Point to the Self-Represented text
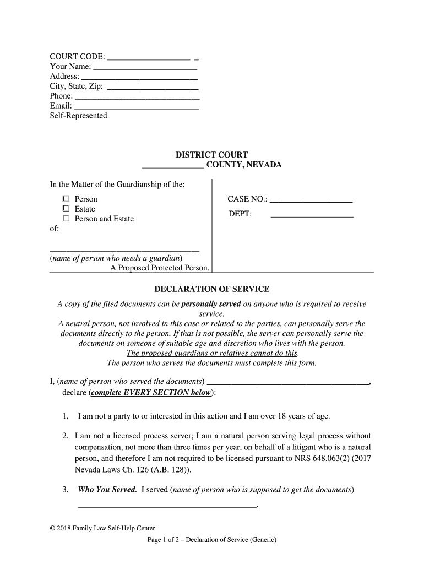[79, 116]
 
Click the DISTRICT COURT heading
[211, 155]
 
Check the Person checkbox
[66, 199]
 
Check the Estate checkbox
[66, 209]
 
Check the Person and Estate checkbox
[66, 219]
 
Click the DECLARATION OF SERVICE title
[211, 289]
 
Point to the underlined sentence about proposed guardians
[212, 354]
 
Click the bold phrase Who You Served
[107, 490]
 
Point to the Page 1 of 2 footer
[211, 540]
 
